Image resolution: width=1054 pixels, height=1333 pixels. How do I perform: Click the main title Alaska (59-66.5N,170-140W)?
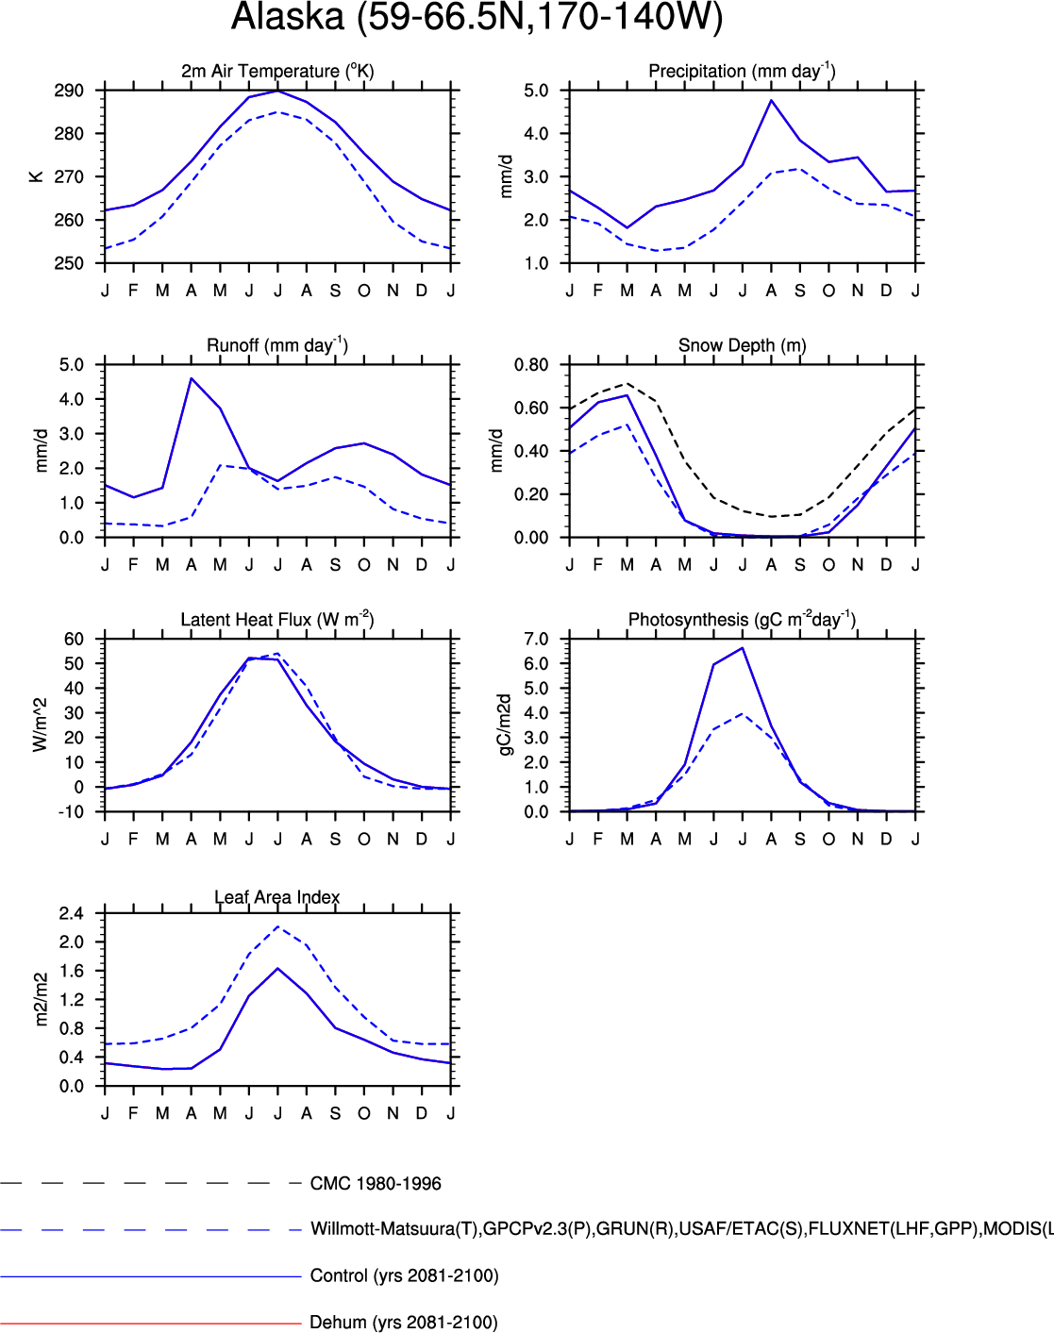pyautogui.click(x=477, y=18)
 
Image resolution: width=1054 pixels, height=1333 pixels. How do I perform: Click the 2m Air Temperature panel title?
pyautogui.click(x=277, y=71)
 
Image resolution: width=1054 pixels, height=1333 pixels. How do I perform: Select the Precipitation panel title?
pyautogui.click(x=742, y=71)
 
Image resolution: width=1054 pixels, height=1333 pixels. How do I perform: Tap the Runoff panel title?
pyautogui.click(x=277, y=345)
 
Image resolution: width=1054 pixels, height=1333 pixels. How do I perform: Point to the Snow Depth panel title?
pyautogui.click(x=742, y=345)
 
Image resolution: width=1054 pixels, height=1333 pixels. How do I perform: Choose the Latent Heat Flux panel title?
pyautogui.click(x=277, y=620)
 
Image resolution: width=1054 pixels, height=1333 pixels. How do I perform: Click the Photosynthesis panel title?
pyautogui.click(x=742, y=620)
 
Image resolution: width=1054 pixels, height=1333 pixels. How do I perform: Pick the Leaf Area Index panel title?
pyautogui.click(x=277, y=897)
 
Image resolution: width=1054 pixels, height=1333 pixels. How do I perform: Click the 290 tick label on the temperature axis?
pyautogui.click(x=69, y=91)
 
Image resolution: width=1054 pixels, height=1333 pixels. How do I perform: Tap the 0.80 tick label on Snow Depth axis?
pyautogui.click(x=531, y=365)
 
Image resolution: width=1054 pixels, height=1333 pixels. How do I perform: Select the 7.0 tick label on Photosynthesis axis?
pyautogui.click(x=536, y=640)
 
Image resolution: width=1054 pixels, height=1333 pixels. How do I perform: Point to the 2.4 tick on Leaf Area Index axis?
pyautogui.click(x=72, y=913)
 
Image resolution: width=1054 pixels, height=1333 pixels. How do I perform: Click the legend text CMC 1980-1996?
pyautogui.click(x=376, y=1184)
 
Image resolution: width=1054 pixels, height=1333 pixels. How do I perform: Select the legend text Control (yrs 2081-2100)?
pyautogui.click(x=404, y=1275)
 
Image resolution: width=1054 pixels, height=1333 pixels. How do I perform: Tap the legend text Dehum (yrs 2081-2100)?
pyautogui.click(x=404, y=1323)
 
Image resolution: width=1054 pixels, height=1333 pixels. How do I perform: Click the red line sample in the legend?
pyautogui.click(x=151, y=1324)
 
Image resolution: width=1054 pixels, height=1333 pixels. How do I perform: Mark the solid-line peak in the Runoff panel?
pyautogui.click(x=192, y=378)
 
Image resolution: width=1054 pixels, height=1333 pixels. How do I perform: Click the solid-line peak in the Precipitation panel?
pyautogui.click(x=771, y=100)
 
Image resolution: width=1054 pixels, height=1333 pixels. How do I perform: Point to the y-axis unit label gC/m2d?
pyautogui.click(x=505, y=725)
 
